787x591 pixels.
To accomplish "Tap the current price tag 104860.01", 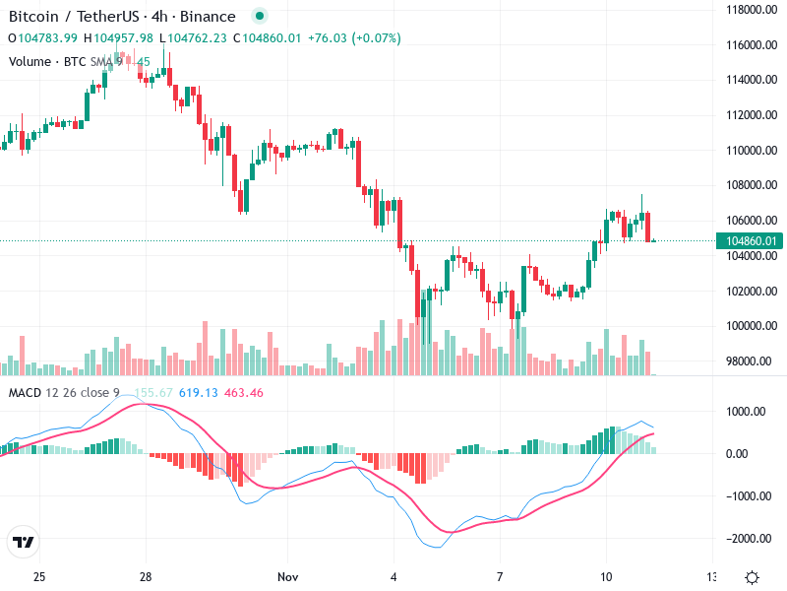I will coord(750,241).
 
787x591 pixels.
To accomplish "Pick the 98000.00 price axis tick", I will coord(746,361).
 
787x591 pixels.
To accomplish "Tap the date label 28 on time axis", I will coord(145,576).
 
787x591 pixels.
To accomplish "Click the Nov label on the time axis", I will coord(287,576).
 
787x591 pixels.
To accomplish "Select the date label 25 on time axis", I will coord(39,576).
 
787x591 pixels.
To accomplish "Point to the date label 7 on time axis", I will coord(500,576).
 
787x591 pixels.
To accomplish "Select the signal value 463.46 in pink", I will coord(243,393).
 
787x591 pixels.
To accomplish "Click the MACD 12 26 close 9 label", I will coord(64,393).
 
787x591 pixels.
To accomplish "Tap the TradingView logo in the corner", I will coord(24,543).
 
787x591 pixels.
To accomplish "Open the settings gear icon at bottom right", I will coord(752,576).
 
